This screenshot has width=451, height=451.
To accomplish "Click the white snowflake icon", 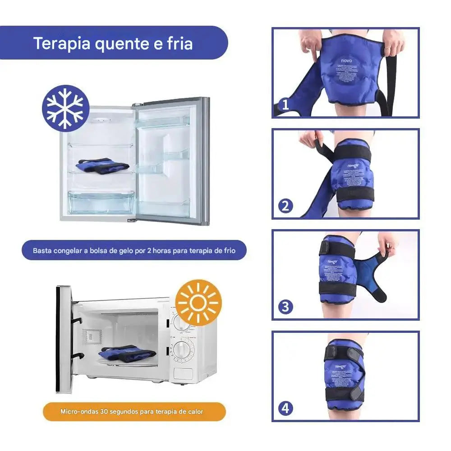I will point(65,109).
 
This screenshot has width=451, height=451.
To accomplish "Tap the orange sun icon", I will point(198,303).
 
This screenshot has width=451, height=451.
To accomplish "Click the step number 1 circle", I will point(285,105).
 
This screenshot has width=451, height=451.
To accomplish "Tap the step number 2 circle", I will point(285,206).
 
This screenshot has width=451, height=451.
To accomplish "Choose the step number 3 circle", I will point(285,307).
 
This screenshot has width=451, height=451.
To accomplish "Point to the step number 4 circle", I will point(285,409).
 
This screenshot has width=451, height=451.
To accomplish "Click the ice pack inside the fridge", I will point(101,165).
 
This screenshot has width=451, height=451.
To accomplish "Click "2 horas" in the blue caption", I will point(159,250).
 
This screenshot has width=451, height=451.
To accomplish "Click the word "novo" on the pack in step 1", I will point(345,60).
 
